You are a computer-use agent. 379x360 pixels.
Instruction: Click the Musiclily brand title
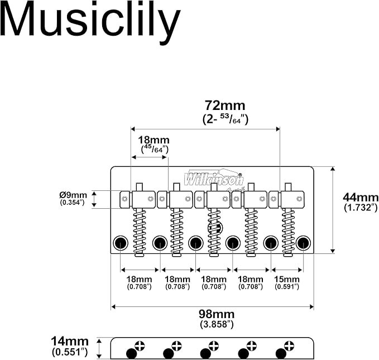point(90,22)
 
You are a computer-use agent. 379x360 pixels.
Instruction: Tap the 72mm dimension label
point(225,105)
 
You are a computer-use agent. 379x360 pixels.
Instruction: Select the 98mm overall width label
point(217,314)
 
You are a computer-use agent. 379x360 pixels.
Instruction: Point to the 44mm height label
point(361,198)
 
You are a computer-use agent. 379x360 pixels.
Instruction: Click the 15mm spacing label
point(287,279)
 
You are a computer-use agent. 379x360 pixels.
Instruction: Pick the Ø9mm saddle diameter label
point(73,195)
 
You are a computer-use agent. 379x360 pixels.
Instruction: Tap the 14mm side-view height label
point(70,342)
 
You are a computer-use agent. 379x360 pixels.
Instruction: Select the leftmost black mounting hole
point(121,243)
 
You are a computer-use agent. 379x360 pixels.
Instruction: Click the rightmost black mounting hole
point(303,243)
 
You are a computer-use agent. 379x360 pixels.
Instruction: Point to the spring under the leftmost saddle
point(140,231)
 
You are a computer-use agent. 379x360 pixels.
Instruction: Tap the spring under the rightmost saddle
point(288,231)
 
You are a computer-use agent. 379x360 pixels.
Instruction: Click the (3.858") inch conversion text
point(217,324)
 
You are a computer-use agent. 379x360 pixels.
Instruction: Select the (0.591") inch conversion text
point(287,287)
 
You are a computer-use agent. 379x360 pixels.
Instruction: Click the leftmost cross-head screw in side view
point(140,345)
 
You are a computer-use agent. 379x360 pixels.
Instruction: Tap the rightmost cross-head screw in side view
point(289,345)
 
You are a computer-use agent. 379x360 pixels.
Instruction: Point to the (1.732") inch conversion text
point(361,208)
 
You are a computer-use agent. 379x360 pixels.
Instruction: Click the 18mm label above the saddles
point(153,140)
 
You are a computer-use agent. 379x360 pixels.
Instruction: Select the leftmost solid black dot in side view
point(131,354)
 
